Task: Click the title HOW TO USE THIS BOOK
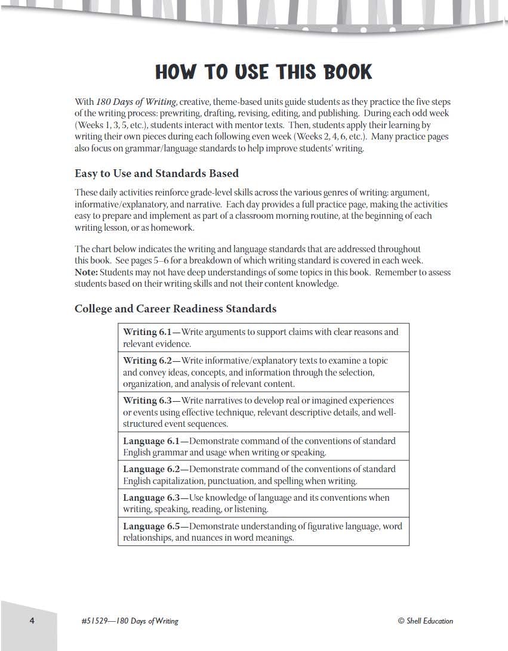coord(263,72)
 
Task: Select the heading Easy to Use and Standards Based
coord(156,173)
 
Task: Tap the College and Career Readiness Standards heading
coord(176,309)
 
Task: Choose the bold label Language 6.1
coord(152,441)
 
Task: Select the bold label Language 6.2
coord(152,469)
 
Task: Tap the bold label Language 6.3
coord(152,498)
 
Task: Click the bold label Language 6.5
coord(152,526)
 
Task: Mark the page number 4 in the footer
coord(32,621)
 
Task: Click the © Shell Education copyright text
coord(425,621)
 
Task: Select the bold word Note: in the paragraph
coord(86,272)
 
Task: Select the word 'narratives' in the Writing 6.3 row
coord(223,401)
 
